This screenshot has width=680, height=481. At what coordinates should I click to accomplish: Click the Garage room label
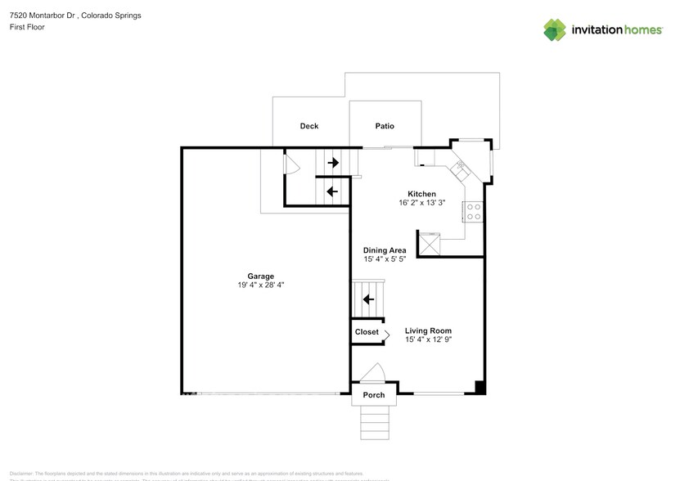click(x=261, y=276)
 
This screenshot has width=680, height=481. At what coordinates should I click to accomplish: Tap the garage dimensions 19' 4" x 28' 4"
click(x=261, y=285)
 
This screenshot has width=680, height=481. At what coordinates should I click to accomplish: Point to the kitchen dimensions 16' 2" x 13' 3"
click(x=422, y=203)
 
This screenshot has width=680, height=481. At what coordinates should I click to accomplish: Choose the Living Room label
click(x=428, y=330)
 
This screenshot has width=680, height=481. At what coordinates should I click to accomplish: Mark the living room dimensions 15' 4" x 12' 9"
click(x=428, y=339)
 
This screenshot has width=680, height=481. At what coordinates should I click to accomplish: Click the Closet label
click(x=367, y=332)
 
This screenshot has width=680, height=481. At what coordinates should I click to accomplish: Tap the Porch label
click(x=374, y=395)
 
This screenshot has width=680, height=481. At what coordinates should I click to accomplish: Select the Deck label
click(x=308, y=126)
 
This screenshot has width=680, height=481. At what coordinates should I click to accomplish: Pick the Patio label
click(x=385, y=126)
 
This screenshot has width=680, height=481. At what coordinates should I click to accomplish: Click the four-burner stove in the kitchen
click(x=473, y=212)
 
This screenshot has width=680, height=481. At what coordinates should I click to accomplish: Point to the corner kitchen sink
click(x=460, y=169)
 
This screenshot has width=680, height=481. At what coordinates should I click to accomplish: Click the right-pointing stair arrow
click(x=333, y=163)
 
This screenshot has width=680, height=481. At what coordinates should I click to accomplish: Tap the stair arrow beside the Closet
click(x=368, y=299)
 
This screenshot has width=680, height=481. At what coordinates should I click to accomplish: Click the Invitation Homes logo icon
click(x=556, y=29)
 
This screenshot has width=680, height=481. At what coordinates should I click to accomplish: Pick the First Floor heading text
click(x=27, y=27)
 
